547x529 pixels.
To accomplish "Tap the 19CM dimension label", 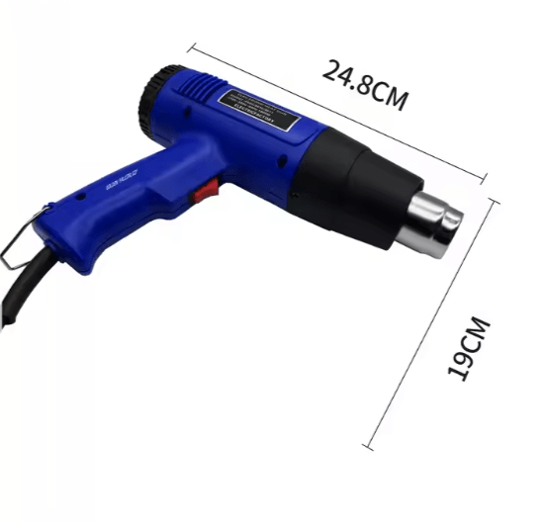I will (468, 347).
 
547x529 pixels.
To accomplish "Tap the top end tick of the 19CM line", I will (494, 195).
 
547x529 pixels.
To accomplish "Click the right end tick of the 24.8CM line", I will (486, 178).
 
